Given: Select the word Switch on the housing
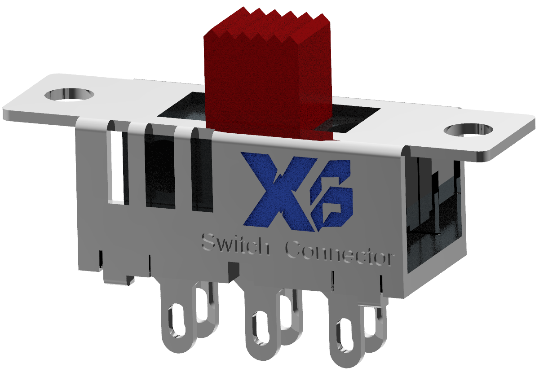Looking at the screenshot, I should coord(235,245).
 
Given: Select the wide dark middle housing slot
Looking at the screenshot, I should coord(159,173).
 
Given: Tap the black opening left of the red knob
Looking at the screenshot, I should coord(184,108).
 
